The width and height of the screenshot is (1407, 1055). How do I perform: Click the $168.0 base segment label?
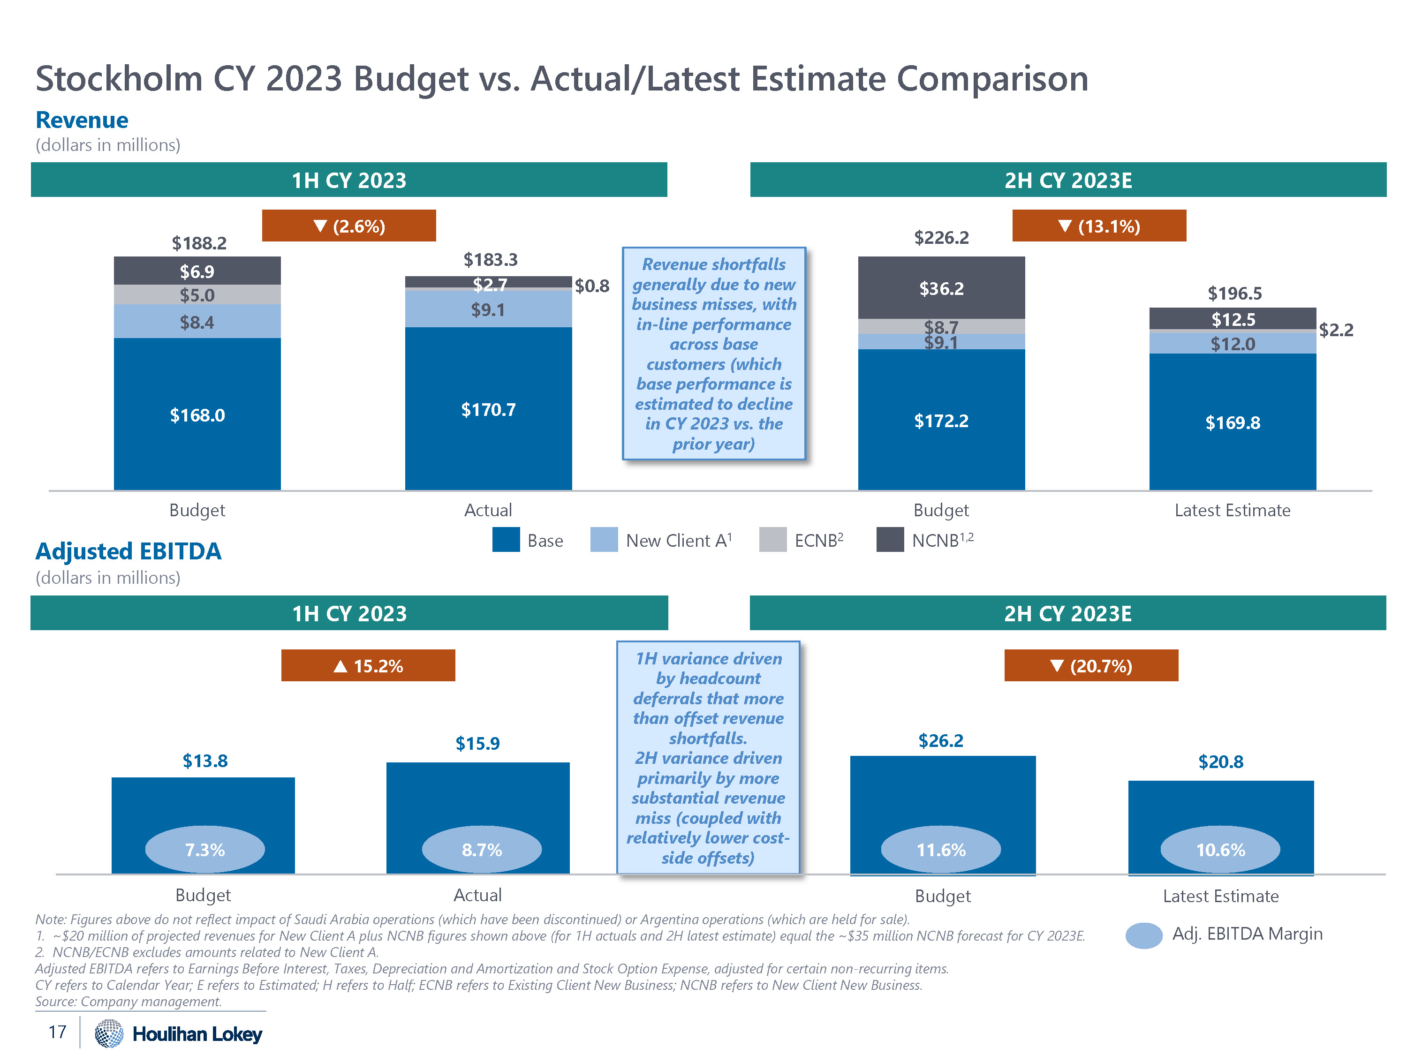click(x=197, y=415)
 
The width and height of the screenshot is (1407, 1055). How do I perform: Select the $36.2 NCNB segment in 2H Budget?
click(x=941, y=288)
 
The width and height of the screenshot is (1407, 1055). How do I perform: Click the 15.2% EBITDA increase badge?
click(x=368, y=665)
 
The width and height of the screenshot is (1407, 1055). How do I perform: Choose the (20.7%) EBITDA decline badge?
click(x=1091, y=665)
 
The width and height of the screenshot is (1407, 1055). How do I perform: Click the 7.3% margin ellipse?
click(x=205, y=849)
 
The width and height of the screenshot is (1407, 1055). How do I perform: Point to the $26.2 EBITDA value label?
click(x=940, y=740)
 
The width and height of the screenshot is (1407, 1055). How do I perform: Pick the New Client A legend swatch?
click(x=604, y=539)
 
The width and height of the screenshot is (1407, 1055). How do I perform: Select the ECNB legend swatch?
click(x=773, y=539)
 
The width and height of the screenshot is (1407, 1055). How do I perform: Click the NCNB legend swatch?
click(x=890, y=539)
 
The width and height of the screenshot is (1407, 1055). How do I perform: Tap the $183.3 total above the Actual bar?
click(x=491, y=259)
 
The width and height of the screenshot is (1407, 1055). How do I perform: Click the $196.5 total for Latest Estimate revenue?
click(x=1234, y=293)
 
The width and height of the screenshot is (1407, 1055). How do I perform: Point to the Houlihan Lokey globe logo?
click(x=109, y=1033)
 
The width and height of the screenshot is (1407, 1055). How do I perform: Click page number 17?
click(x=57, y=1032)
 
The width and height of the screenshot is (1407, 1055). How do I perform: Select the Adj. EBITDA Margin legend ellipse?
click(x=1144, y=935)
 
